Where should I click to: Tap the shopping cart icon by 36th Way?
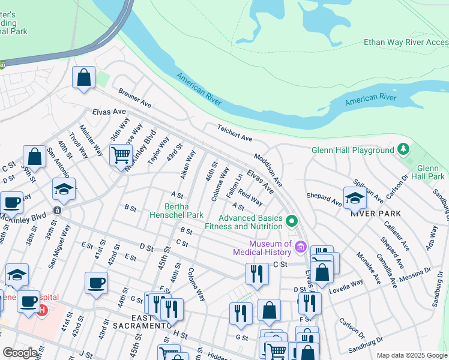[x=121, y=155]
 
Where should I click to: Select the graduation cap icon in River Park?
[x=355, y=198]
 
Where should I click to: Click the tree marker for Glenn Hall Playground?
[x=404, y=149]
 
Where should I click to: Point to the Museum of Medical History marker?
[x=301, y=247]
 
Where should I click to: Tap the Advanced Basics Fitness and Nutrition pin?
[x=292, y=221]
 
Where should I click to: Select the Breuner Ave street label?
[x=134, y=98]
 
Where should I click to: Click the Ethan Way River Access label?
[x=406, y=42]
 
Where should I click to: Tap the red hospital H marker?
[x=42, y=310]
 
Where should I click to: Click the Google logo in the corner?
[x=20, y=353]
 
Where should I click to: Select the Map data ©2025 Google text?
[x=411, y=355]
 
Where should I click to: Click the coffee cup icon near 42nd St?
[x=96, y=283]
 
